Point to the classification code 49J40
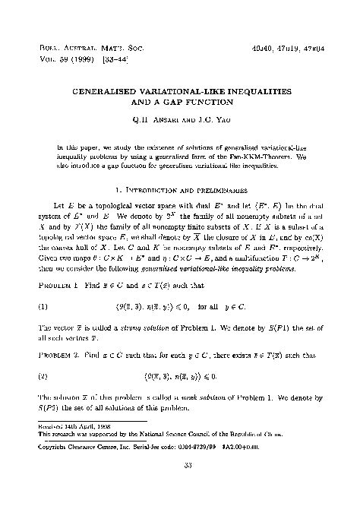click(x=259, y=46)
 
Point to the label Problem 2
click(x=57, y=353)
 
